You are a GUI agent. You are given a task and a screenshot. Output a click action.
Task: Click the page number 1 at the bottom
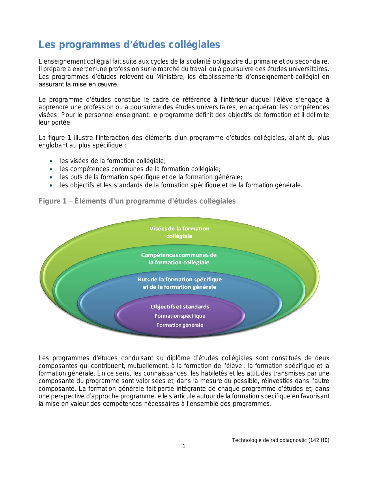point(184,446)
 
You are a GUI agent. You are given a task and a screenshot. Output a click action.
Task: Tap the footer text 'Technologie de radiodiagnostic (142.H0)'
point(280,440)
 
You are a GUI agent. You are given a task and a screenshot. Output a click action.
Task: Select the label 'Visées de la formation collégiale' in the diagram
point(179,232)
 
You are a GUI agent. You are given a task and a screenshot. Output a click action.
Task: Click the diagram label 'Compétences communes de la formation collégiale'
point(179,259)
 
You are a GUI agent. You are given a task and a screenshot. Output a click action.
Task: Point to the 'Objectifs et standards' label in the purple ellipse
point(180,307)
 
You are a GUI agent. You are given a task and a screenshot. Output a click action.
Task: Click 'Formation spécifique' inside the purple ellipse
point(180,316)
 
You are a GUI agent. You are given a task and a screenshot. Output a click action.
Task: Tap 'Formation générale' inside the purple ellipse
point(180,325)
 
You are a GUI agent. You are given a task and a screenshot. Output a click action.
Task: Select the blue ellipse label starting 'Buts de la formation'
point(180,283)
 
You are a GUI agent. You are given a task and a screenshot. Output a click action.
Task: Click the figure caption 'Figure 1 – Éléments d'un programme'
point(137,201)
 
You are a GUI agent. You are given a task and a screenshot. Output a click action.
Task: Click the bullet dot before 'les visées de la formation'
point(51,161)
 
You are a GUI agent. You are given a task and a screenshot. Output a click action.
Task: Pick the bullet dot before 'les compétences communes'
point(51,169)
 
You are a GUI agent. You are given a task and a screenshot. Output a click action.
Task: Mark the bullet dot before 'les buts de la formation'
point(51,177)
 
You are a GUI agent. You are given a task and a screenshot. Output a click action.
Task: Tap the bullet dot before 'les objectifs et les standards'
point(51,185)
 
